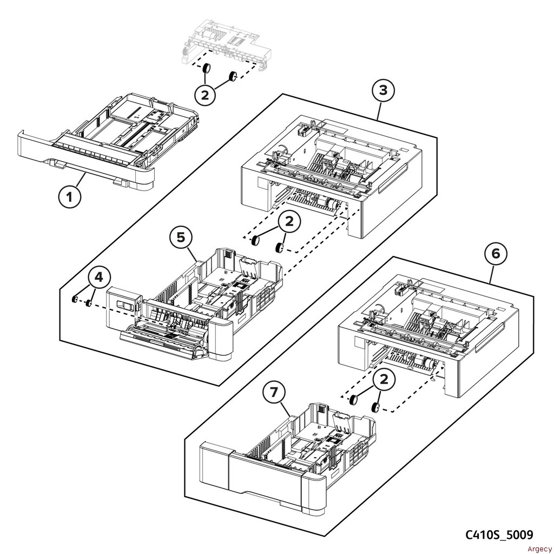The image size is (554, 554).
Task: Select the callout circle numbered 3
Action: (383, 90)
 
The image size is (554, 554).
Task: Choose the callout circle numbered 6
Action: (499, 253)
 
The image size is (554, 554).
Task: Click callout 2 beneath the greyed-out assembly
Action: (205, 96)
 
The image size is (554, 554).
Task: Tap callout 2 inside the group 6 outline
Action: (384, 380)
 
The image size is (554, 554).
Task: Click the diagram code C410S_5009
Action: (499, 535)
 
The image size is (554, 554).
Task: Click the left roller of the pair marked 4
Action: (75, 299)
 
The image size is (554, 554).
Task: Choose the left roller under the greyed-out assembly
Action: (206, 69)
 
